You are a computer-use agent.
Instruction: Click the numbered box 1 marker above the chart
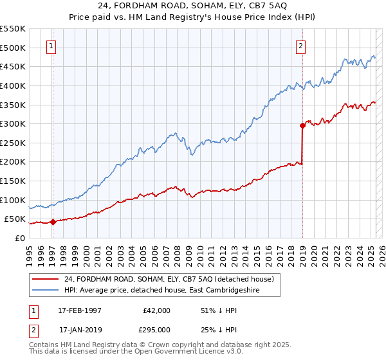point(51,46)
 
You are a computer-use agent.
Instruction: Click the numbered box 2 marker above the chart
point(300,46)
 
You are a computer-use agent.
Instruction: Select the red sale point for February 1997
point(53,222)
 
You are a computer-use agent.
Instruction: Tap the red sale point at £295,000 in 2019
point(302,126)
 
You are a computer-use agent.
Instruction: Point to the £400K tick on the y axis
point(13,85)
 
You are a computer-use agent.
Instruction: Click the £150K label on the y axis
point(13,181)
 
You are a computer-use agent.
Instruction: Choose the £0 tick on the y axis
point(19,238)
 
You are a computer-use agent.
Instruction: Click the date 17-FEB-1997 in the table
point(80,310)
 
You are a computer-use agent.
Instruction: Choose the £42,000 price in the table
point(155,310)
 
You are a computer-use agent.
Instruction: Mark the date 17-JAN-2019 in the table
point(80,329)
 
